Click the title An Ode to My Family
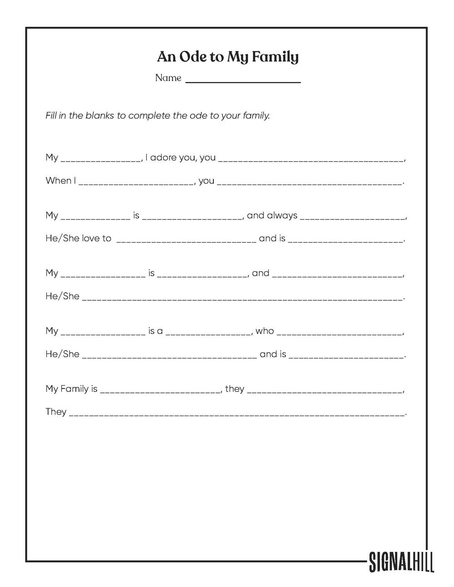point(227,57)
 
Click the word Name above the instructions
point(168,78)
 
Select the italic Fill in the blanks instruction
point(158,116)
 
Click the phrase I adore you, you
point(181,157)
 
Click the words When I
point(61,181)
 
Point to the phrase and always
point(272,215)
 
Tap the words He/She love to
point(78,238)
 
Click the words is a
point(155,331)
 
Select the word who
point(265,331)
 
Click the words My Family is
point(71,389)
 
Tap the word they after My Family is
point(235,389)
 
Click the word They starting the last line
point(56,412)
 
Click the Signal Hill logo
point(401,561)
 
